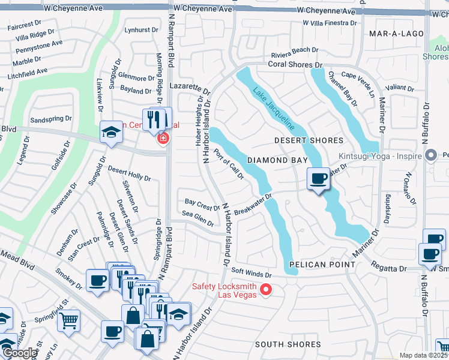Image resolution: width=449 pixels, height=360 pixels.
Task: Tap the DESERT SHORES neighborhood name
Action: click(x=309, y=140)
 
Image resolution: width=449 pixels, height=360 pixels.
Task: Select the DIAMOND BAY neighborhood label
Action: click(x=277, y=160)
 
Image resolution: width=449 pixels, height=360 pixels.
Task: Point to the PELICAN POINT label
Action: click(x=319, y=264)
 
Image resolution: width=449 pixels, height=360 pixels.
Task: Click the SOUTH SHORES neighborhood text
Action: click(x=288, y=344)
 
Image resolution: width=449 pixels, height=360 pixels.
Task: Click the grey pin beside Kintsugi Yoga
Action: click(x=430, y=155)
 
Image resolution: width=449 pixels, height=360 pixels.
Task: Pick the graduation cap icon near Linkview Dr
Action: click(x=111, y=132)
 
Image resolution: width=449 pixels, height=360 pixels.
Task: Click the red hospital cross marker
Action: click(x=161, y=139)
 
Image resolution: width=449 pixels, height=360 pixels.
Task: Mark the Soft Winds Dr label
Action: click(x=252, y=274)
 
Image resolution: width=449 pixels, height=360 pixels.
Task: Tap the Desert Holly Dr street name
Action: click(x=129, y=173)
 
